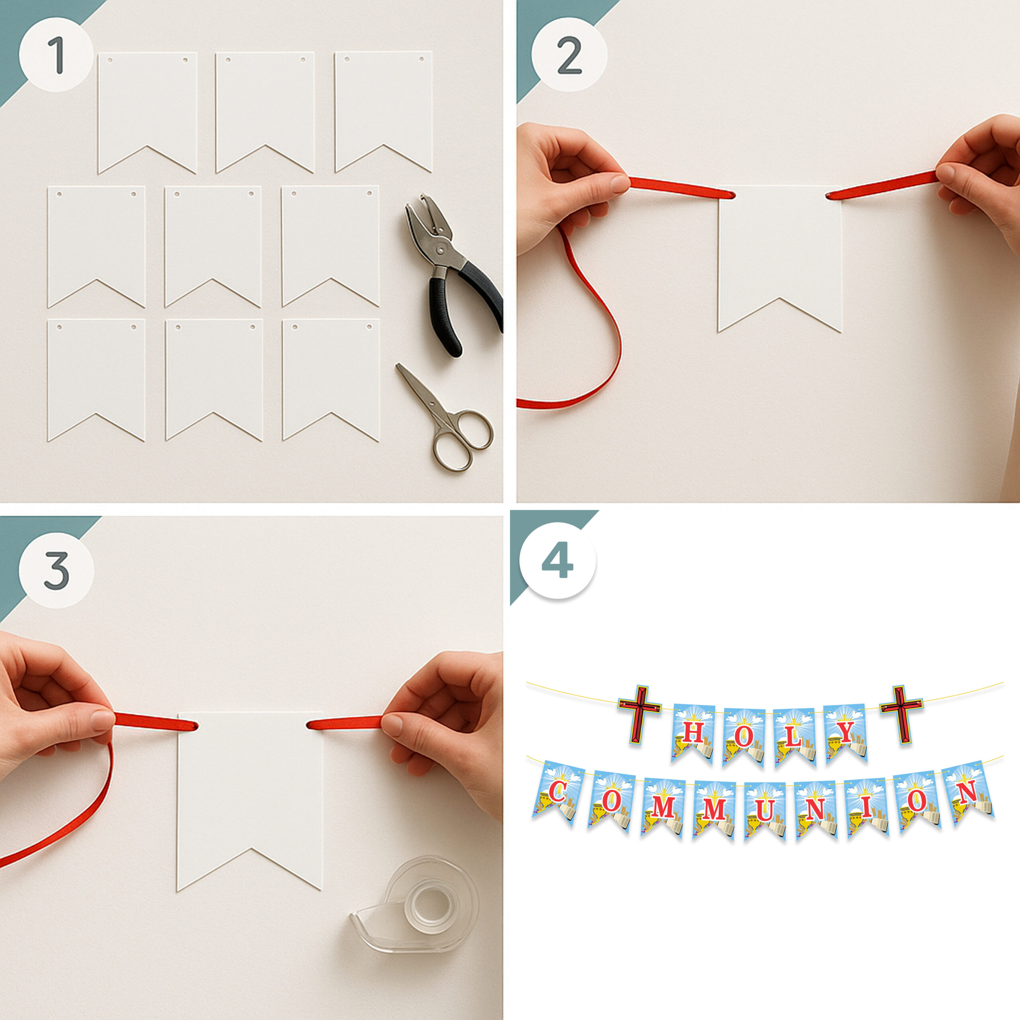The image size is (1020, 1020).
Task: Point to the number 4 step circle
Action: tap(557, 561)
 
